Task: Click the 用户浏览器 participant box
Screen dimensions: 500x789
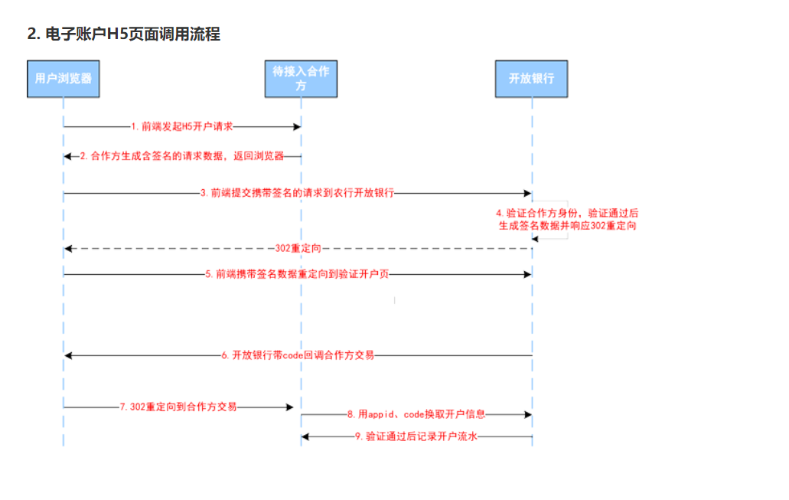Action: pyautogui.click(x=64, y=78)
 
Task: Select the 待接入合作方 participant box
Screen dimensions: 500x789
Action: pyautogui.click(x=301, y=78)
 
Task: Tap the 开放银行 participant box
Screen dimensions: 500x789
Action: pyautogui.click(x=531, y=78)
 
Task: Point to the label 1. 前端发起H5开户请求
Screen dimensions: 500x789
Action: pyautogui.click(x=181, y=126)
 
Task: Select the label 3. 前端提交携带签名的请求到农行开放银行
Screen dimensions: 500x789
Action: pyautogui.click(x=297, y=194)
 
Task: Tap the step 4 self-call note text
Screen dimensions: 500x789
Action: pyautogui.click(x=567, y=219)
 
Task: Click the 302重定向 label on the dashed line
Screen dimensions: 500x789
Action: pyautogui.click(x=298, y=249)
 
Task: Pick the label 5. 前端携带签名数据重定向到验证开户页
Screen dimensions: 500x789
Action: pyautogui.click(x=302, y=273)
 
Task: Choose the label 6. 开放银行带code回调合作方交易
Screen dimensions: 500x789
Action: pyautogui.click(x=298, y=355)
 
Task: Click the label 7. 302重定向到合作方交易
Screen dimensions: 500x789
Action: pyautogui.click(x=178, y=407)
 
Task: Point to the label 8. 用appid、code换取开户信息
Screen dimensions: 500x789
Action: pyautogui.click(x=416, y=414)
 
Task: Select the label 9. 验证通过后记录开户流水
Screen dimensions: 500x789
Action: pyautogui.click(x=416, y=436)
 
